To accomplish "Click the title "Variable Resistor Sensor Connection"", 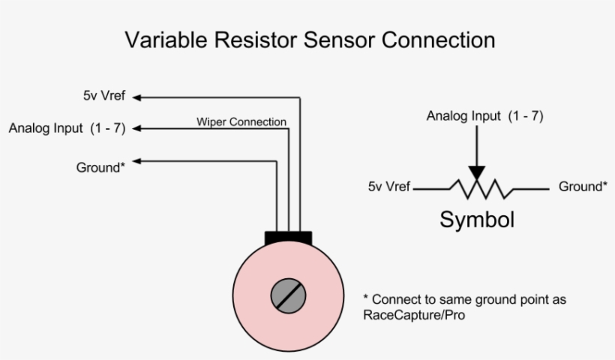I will (x=309, y=39).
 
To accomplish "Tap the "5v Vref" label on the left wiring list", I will (x=104, y=96).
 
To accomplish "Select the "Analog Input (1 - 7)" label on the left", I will (x=67, y=127).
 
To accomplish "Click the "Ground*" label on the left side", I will (x=100, y=166).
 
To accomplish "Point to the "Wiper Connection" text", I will (x=241, y=121).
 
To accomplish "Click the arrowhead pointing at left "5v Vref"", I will (x=138, y=97).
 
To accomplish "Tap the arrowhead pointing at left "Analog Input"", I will (x=138, y=128).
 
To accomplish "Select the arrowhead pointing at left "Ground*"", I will (x=138, y=160).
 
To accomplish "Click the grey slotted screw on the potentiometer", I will (x=288, y=295).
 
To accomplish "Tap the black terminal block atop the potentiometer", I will (x=288, y=238).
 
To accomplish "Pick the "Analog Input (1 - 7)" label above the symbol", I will (x=484, y=116).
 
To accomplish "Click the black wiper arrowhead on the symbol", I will (x=476, y=173).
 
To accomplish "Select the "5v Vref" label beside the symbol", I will (x=388, y=187).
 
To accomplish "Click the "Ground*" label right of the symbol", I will (x=583, y=187).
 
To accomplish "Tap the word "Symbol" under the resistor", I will (x=477, y=220).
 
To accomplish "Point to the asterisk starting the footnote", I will (x=366, y=298).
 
